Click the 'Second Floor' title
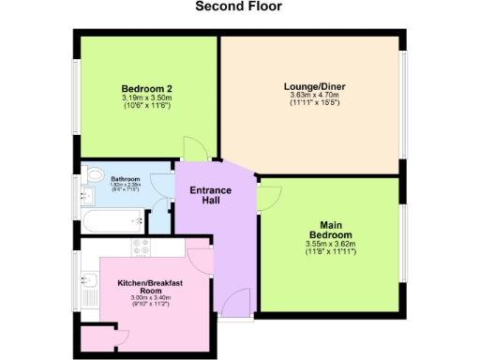coord(239,7)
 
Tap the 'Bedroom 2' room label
coord(145,89)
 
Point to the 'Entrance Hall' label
coord(212,195)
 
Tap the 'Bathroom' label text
coord(126,179)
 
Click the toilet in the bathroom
coord(95,173)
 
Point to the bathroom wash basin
coord(87,196)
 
